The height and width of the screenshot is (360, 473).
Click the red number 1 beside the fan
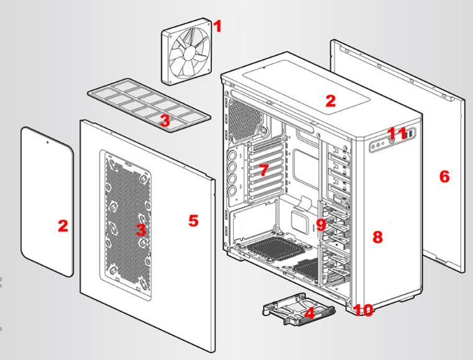coord(217,26)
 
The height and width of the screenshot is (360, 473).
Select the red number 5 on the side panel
coord(193,221)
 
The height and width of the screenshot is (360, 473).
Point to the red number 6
coord(444,177)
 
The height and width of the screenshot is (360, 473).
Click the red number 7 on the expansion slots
coord(264,169)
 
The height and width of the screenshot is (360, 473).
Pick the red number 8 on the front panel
coord(377,236)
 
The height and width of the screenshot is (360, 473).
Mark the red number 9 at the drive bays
coord(321,224)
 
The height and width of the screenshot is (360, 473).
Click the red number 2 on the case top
coord(330,100)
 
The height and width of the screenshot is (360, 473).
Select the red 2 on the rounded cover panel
coord(63,226)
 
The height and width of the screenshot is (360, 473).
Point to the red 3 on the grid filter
coord(164,121)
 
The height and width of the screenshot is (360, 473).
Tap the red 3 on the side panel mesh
coord(141,229)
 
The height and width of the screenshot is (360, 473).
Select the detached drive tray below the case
coord(292,308)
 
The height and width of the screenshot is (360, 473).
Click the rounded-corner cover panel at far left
coord(47,199)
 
